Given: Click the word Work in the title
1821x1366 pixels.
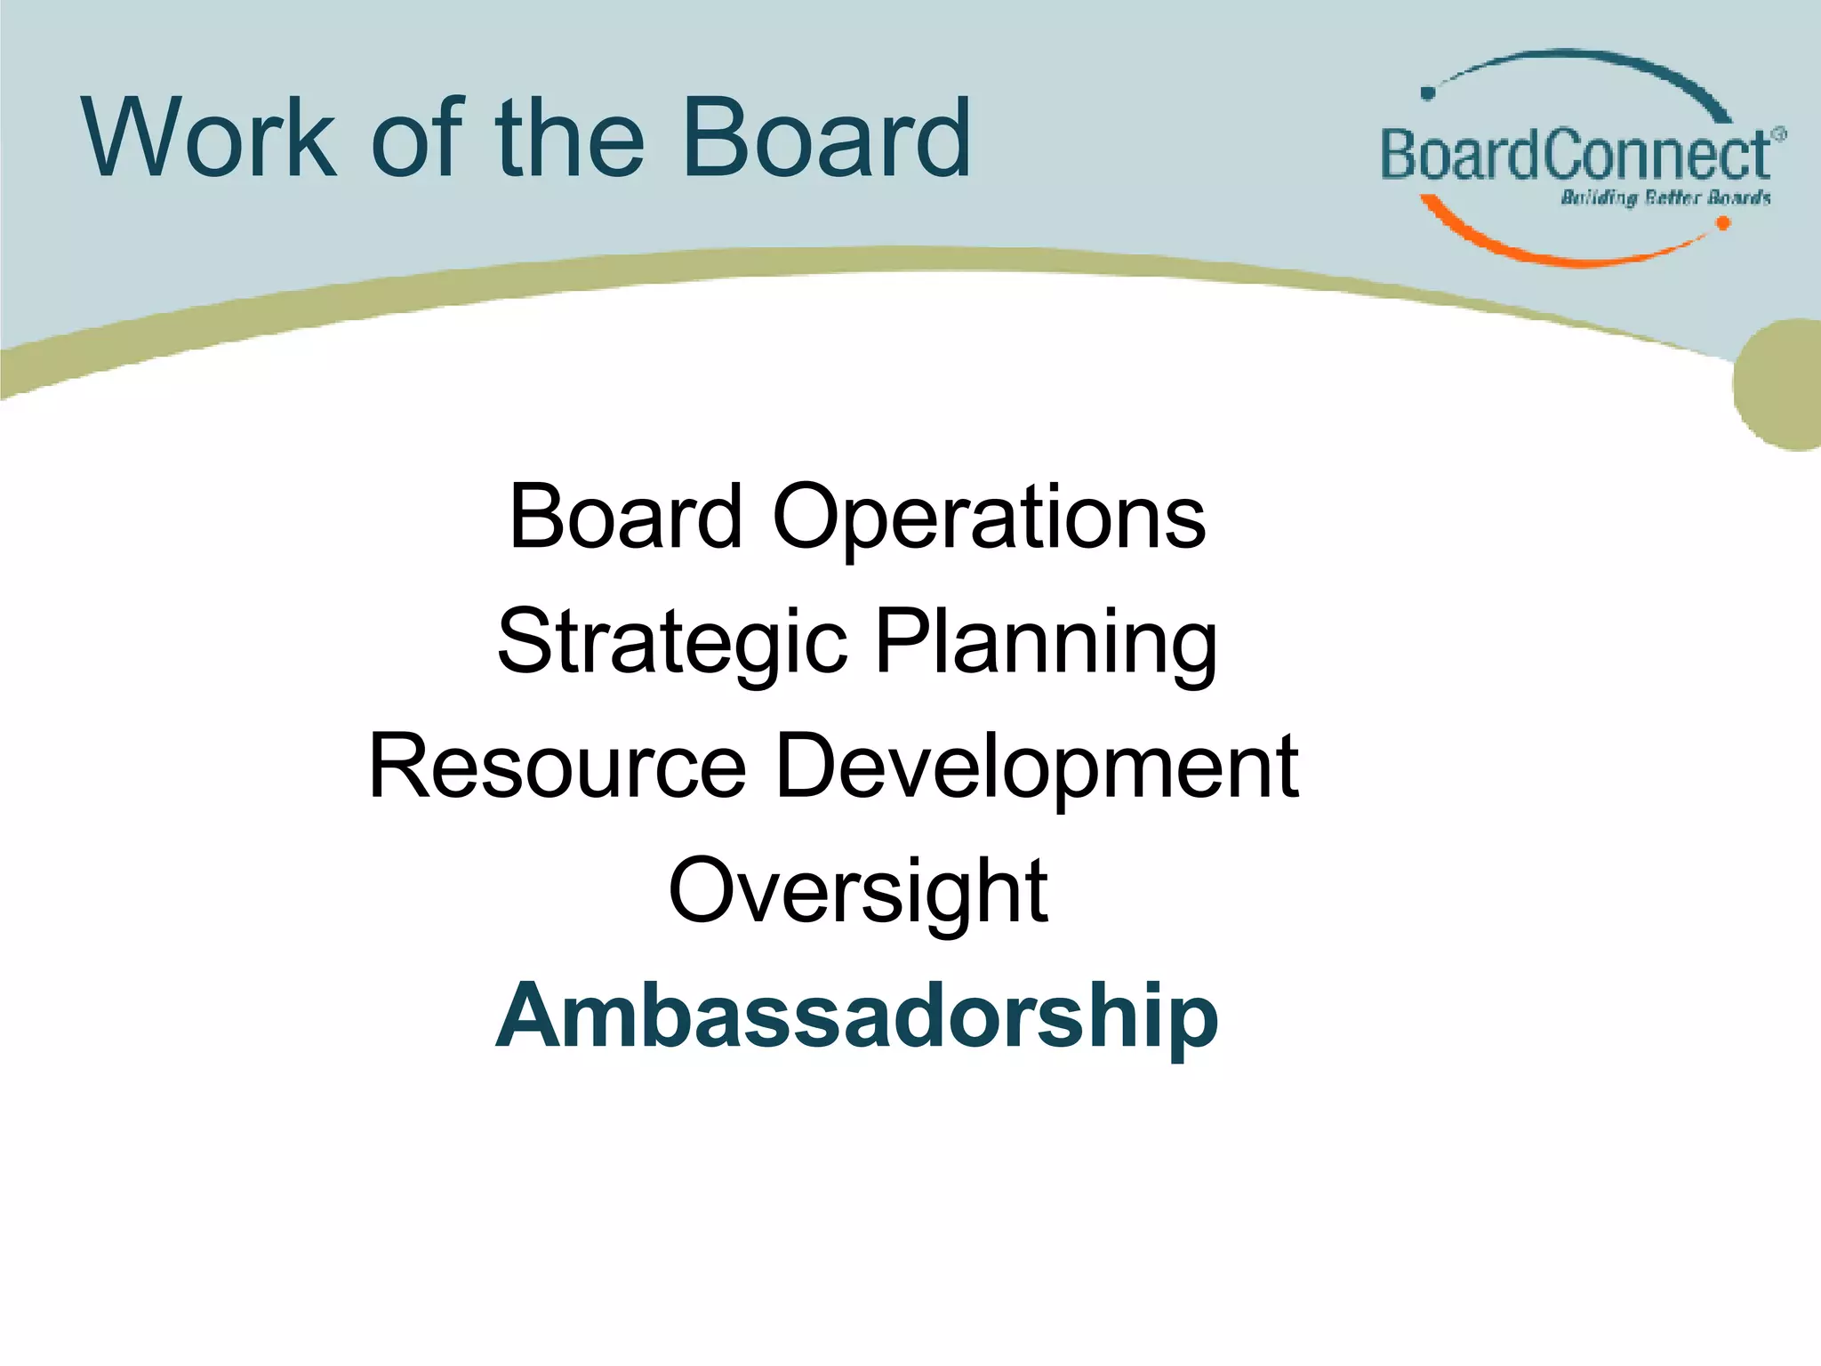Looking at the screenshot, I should [x=210, y=139].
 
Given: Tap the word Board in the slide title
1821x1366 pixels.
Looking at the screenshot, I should [x=826, y=139].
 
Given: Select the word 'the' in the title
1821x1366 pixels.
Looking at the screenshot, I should [x=570, y=139].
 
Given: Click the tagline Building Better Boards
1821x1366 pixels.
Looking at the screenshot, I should [x=1665, y=197].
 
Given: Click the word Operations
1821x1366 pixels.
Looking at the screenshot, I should [x=989, y=518].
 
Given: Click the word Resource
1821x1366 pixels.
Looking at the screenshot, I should [x=558, y=766].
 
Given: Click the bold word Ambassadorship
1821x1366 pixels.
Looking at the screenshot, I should [x=857, y=1016].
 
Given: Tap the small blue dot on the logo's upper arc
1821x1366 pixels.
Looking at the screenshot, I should [x=1428, y=93].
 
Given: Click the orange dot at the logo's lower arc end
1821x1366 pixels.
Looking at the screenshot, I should [x=1722, y=223].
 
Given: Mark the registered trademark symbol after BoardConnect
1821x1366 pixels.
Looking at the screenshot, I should [x=1777, y=133].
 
